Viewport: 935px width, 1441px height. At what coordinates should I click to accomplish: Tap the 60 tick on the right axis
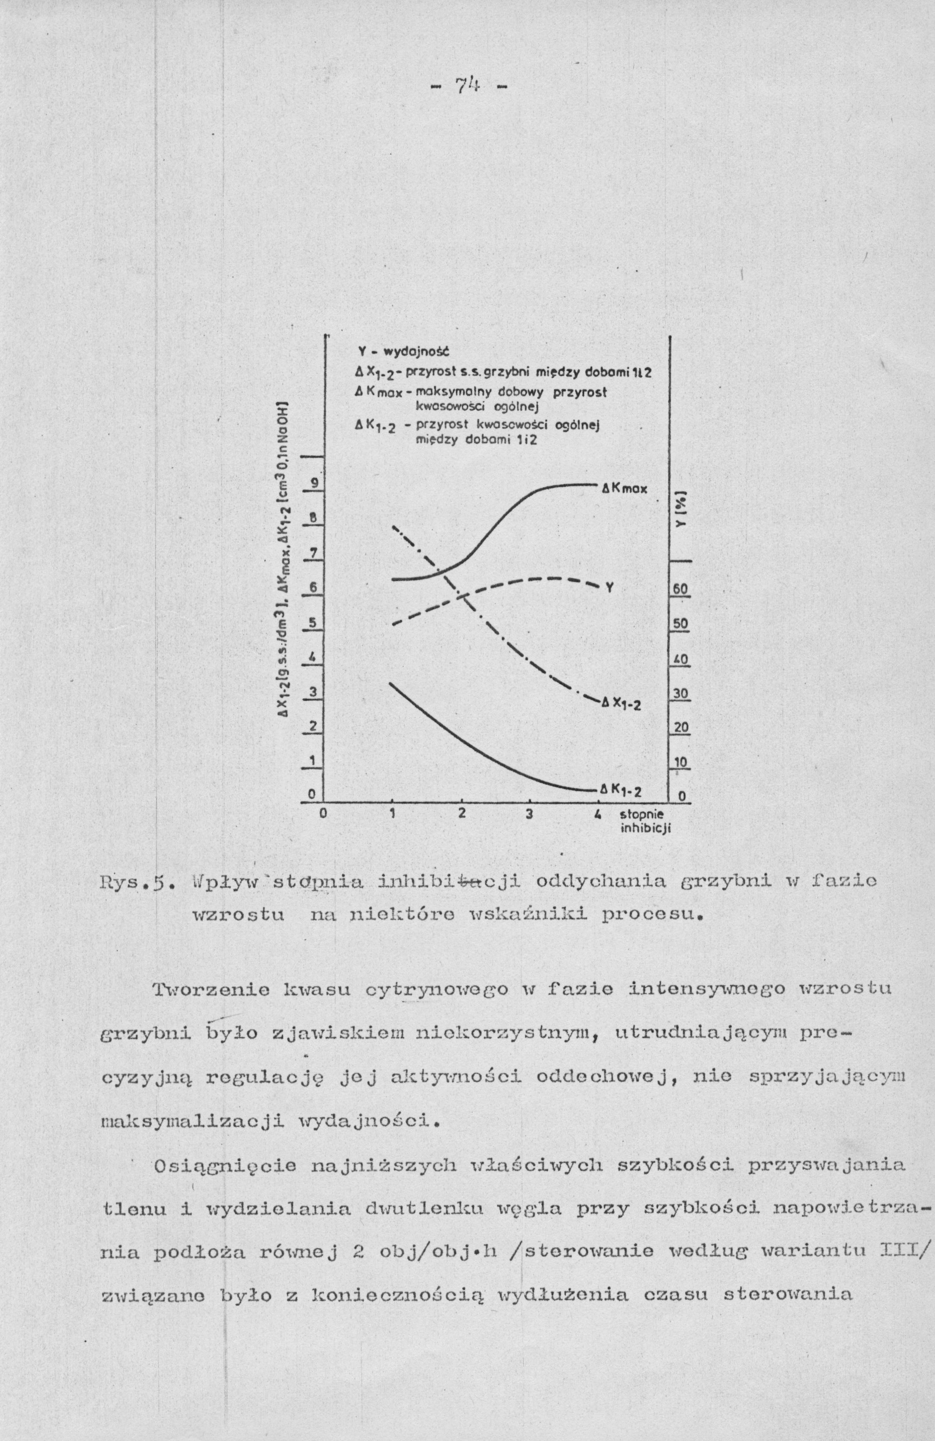tap(681, 590)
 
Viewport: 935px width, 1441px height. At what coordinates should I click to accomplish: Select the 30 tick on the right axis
tap(681, 694)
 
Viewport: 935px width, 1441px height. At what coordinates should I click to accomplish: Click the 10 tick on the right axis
tap(681, 763)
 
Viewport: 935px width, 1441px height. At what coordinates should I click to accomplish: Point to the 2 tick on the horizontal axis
tap(462, 814)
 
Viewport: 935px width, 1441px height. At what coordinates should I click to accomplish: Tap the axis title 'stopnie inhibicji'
tap(643, 820)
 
